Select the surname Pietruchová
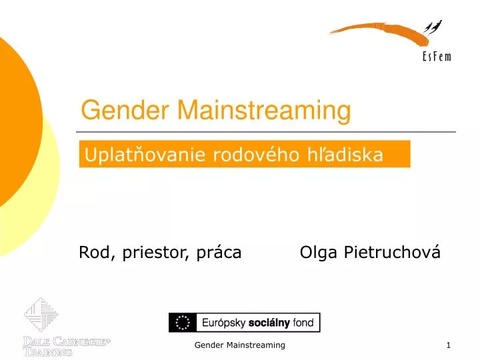393,253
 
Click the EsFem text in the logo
437,57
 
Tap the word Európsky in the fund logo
221,323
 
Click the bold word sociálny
269,323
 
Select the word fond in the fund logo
303,323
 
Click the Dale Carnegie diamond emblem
41,315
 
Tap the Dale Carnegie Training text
65,347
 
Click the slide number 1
449,345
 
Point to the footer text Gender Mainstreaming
240,345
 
